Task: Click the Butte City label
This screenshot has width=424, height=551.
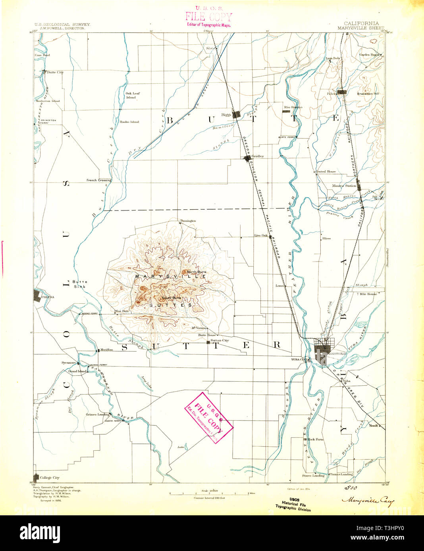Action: pos(55,72)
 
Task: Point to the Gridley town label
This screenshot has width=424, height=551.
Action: pos(258,156)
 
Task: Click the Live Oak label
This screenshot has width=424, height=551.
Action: pos(260,235)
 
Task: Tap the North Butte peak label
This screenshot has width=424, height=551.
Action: pos(197,272)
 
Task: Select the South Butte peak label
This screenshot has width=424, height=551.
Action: pos(171,298)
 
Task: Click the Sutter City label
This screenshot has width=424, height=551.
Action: pos(220,341)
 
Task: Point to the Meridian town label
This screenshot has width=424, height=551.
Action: pos(106,350)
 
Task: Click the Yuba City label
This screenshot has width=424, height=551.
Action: pos(298,360)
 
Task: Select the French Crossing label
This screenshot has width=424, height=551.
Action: pos(99,180)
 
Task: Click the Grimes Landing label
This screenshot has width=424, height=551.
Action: pos(97,415)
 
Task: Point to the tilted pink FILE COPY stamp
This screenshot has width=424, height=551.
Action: pos(208,418)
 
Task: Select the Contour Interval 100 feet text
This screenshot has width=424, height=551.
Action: pos(209,497)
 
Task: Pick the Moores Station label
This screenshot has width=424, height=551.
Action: pos(344,186)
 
